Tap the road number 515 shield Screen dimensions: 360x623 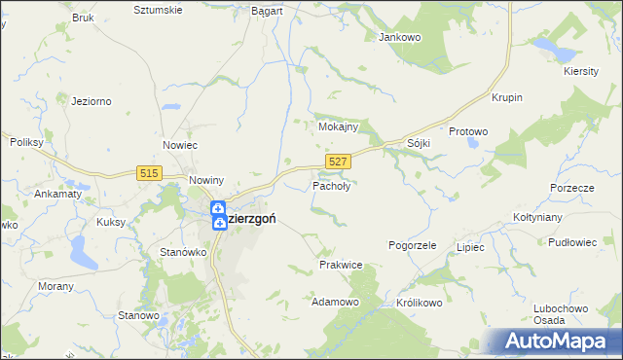click(149, 172)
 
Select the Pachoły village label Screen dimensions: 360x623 click(331, 185)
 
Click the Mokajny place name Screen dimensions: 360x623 click(339, 126)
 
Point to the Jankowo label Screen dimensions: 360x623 click(398, 37)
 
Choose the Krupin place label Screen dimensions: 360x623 click(507, 98)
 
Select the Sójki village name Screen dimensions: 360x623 click(419, 143)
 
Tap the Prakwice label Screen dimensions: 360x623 click(341, 265)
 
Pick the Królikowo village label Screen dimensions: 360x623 click(420, 303)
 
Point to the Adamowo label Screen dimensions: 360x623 click(335, 303)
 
